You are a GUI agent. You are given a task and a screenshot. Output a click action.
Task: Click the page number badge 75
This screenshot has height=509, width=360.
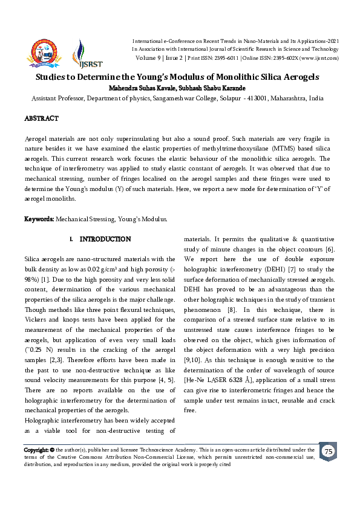coord(328,452)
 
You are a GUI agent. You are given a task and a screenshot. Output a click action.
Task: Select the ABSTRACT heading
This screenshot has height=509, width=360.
coord(41,118)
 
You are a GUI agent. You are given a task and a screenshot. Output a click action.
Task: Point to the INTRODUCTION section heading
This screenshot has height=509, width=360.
coord(105,239)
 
